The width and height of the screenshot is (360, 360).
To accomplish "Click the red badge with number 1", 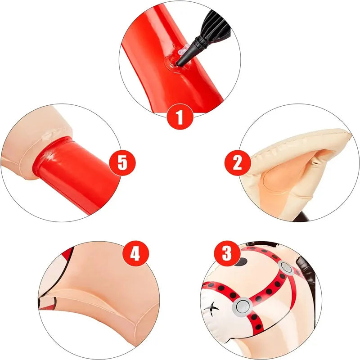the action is [180, 117].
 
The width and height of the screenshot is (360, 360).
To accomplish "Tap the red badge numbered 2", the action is [238, 162].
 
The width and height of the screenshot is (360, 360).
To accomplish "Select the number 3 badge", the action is [227, 254].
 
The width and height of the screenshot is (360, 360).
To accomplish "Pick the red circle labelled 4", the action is [136, 254].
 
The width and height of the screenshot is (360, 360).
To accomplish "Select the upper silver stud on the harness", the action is [286, 267].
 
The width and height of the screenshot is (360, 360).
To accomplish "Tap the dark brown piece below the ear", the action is [301, 217].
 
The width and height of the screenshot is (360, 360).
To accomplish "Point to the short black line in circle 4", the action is [55, 300].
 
